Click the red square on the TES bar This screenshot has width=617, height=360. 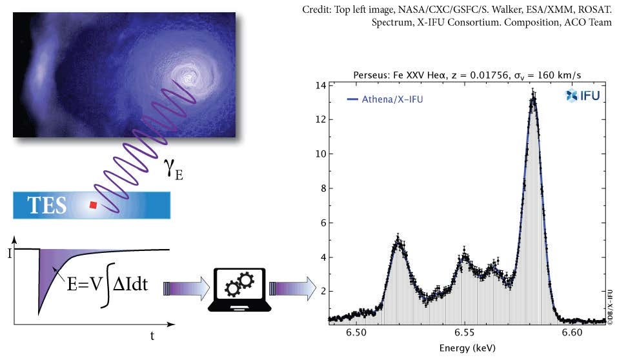click(x=94, y=205)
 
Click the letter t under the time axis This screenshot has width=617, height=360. click(x=152, y=335)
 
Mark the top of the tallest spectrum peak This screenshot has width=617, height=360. click(x=532, y=94)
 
